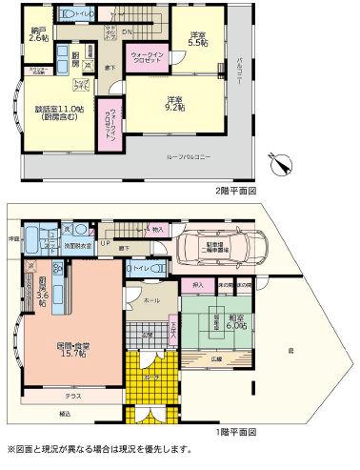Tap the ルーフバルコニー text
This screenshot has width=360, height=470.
click(196, 155)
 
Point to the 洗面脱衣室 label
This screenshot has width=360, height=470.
click(76, 244)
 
